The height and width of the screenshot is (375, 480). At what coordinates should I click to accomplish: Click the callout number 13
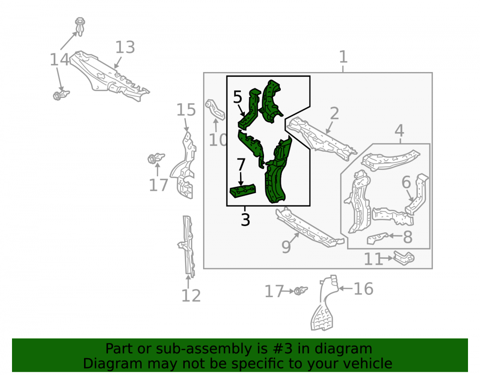(x=125, y=48)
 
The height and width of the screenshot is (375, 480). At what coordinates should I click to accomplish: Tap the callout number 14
(x=60, y=60)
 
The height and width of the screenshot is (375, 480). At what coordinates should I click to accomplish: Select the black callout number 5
(x=238, y=97)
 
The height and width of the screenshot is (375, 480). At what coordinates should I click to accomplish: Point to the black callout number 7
(x=241, y=165)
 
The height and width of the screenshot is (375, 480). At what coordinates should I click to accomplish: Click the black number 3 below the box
(x=245, y=219)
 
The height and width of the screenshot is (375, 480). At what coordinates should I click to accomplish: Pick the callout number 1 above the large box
(x=343, y=57)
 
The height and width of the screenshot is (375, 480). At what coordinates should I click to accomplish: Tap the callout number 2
(x=334, y=113)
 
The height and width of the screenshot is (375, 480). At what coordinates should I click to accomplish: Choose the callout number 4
(x=399, y=131)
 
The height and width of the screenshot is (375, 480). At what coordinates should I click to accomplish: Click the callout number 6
(x=406, y=182)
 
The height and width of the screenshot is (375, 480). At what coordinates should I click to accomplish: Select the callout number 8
(x=408, y=237)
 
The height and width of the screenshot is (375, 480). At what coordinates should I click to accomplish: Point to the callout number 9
(x=286, y=247)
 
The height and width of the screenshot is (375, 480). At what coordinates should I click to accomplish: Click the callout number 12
(x=191, y=296)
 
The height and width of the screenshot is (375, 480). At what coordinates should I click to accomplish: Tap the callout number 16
(x=363, y=289)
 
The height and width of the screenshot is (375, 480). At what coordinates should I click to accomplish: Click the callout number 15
(x=186, y=109)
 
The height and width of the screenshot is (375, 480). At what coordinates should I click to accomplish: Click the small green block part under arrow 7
(x=243, y=191)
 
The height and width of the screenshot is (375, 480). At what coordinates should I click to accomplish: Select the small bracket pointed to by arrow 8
(x=377, y=238)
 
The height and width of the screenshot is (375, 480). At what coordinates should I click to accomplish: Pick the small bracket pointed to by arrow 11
(x=404, y=258)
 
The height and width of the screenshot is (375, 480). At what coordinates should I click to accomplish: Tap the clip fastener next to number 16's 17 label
(x=300, y=290)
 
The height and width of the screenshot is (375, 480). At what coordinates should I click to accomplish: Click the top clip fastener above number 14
(x=80, y=26)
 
